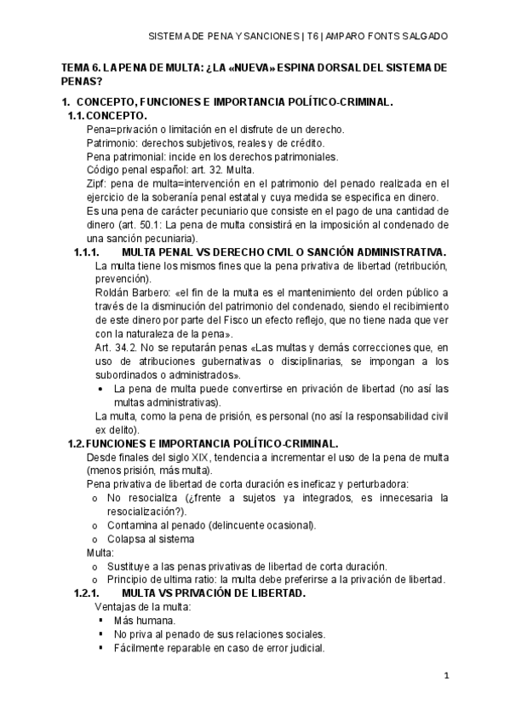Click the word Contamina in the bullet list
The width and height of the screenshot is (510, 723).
tap(135, 524)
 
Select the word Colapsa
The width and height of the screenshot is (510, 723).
tap(129, 538)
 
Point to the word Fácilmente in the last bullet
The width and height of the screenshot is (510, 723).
tap(141, 647)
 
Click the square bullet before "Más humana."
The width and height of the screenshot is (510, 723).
tap(100, 620)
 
